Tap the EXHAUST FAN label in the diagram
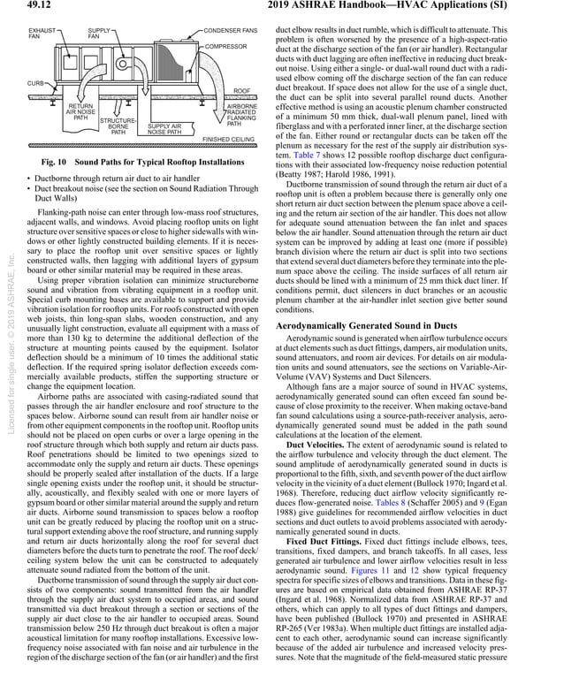(x=41, y=33)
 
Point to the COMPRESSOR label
(x=225, y=45)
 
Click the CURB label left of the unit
(x=36, y=82)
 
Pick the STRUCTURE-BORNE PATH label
(x=118, y=126)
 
